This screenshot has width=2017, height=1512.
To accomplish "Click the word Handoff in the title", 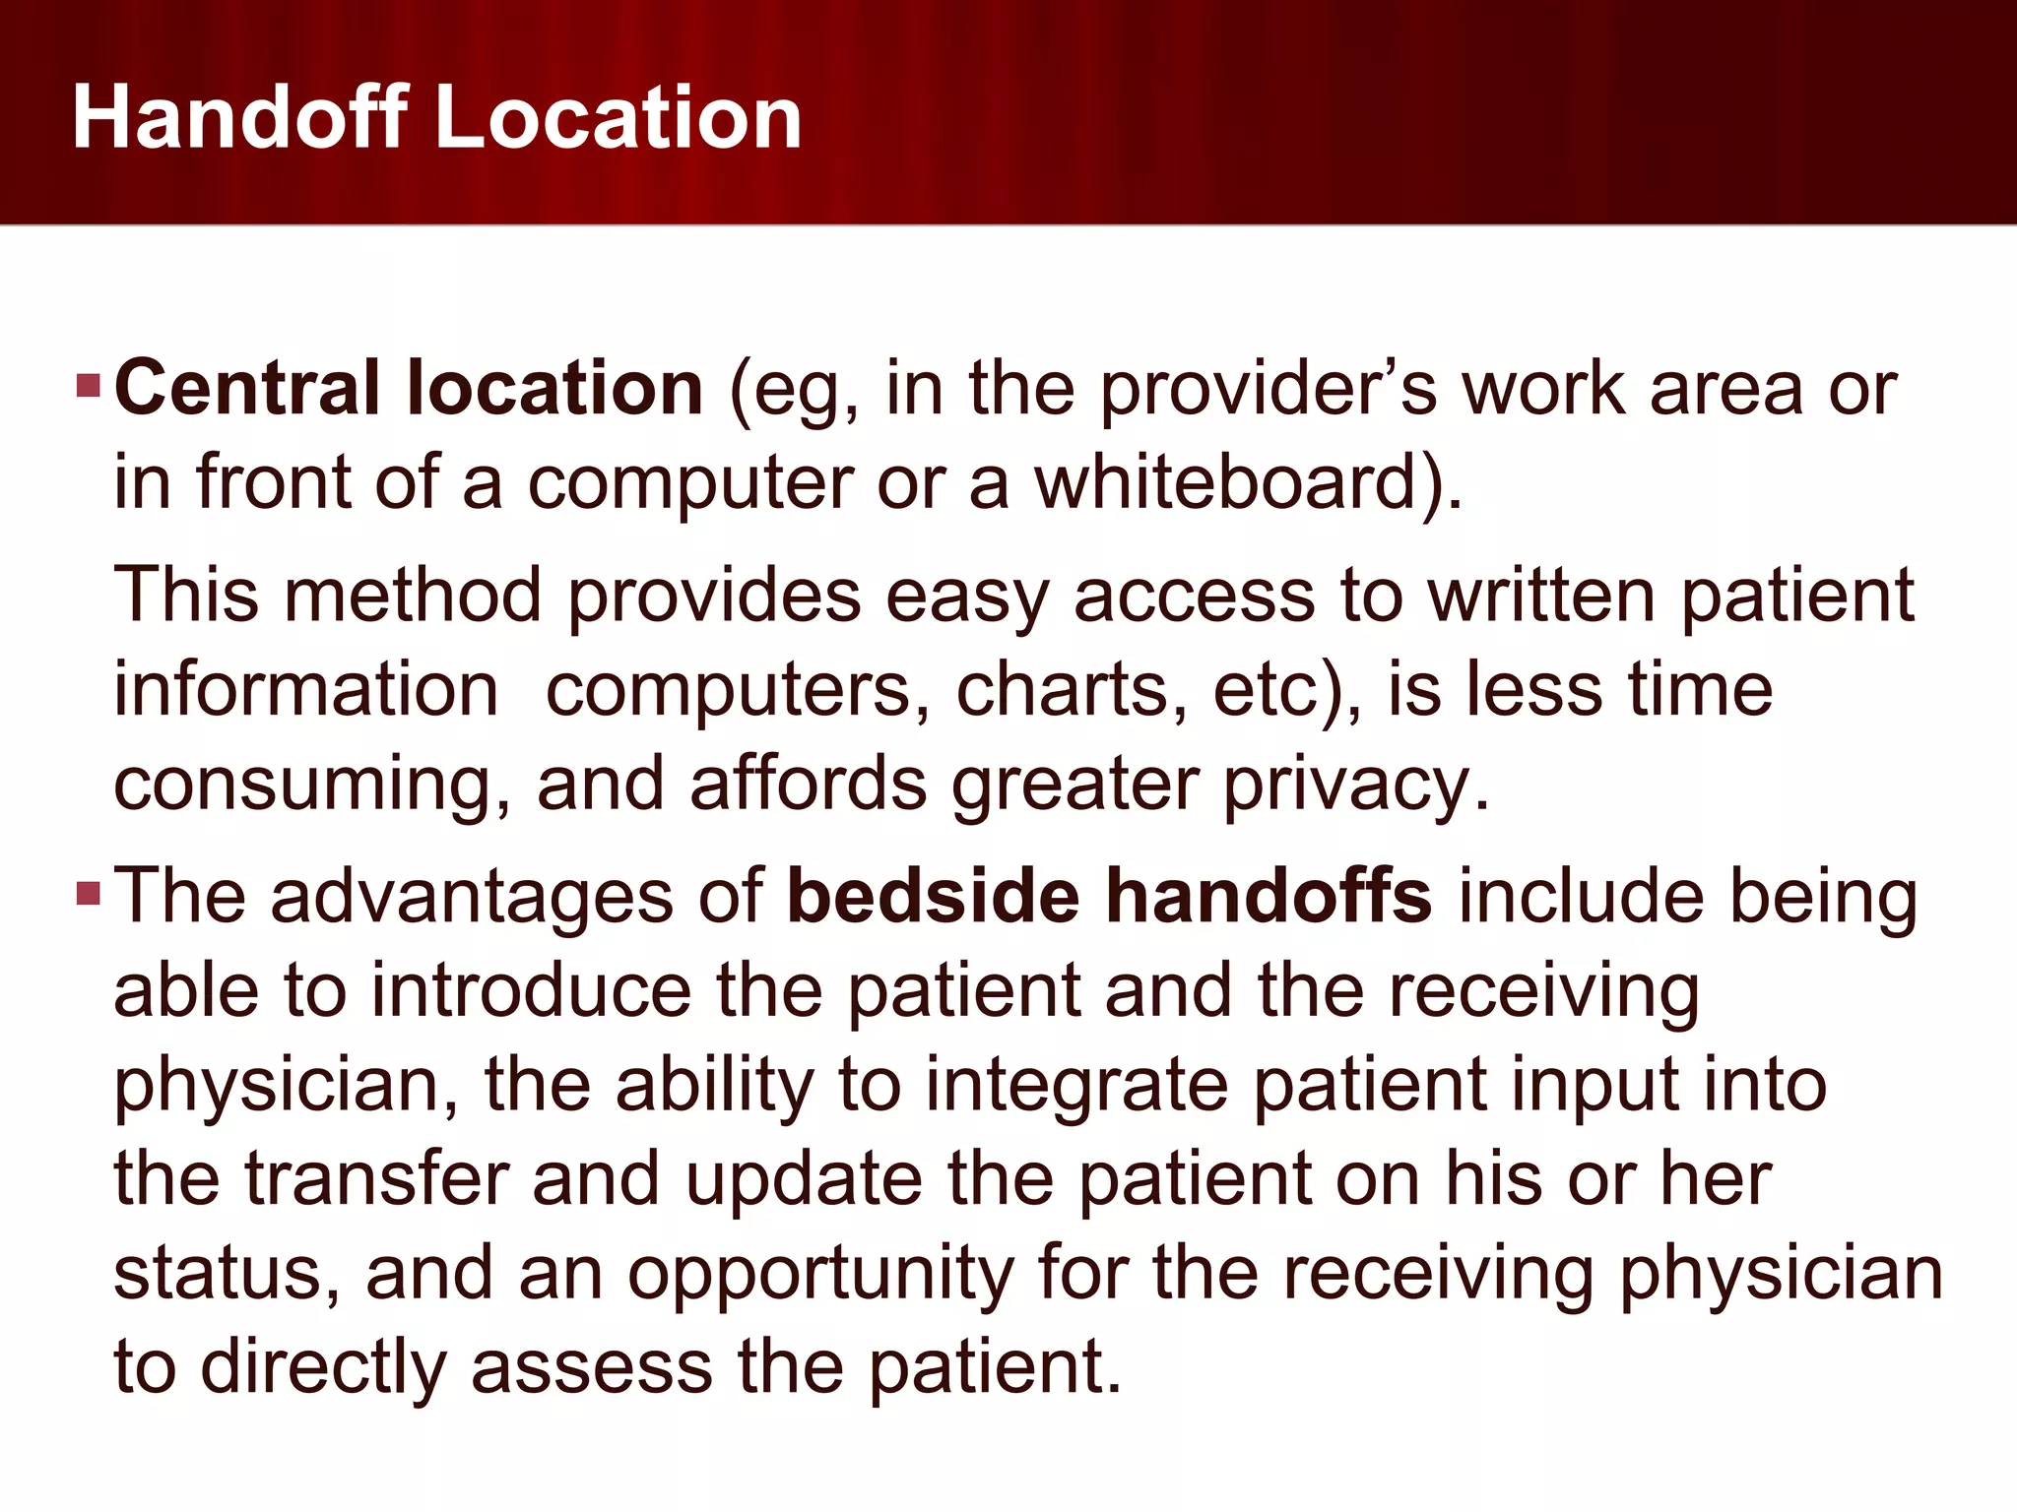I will point(240,117).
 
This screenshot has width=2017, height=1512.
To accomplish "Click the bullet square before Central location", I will point(89,385).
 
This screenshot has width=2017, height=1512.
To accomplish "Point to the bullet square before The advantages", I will point(89,894).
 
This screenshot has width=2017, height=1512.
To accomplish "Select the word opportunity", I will point(821,1275).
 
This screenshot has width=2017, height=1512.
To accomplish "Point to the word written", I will point(1542,596).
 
